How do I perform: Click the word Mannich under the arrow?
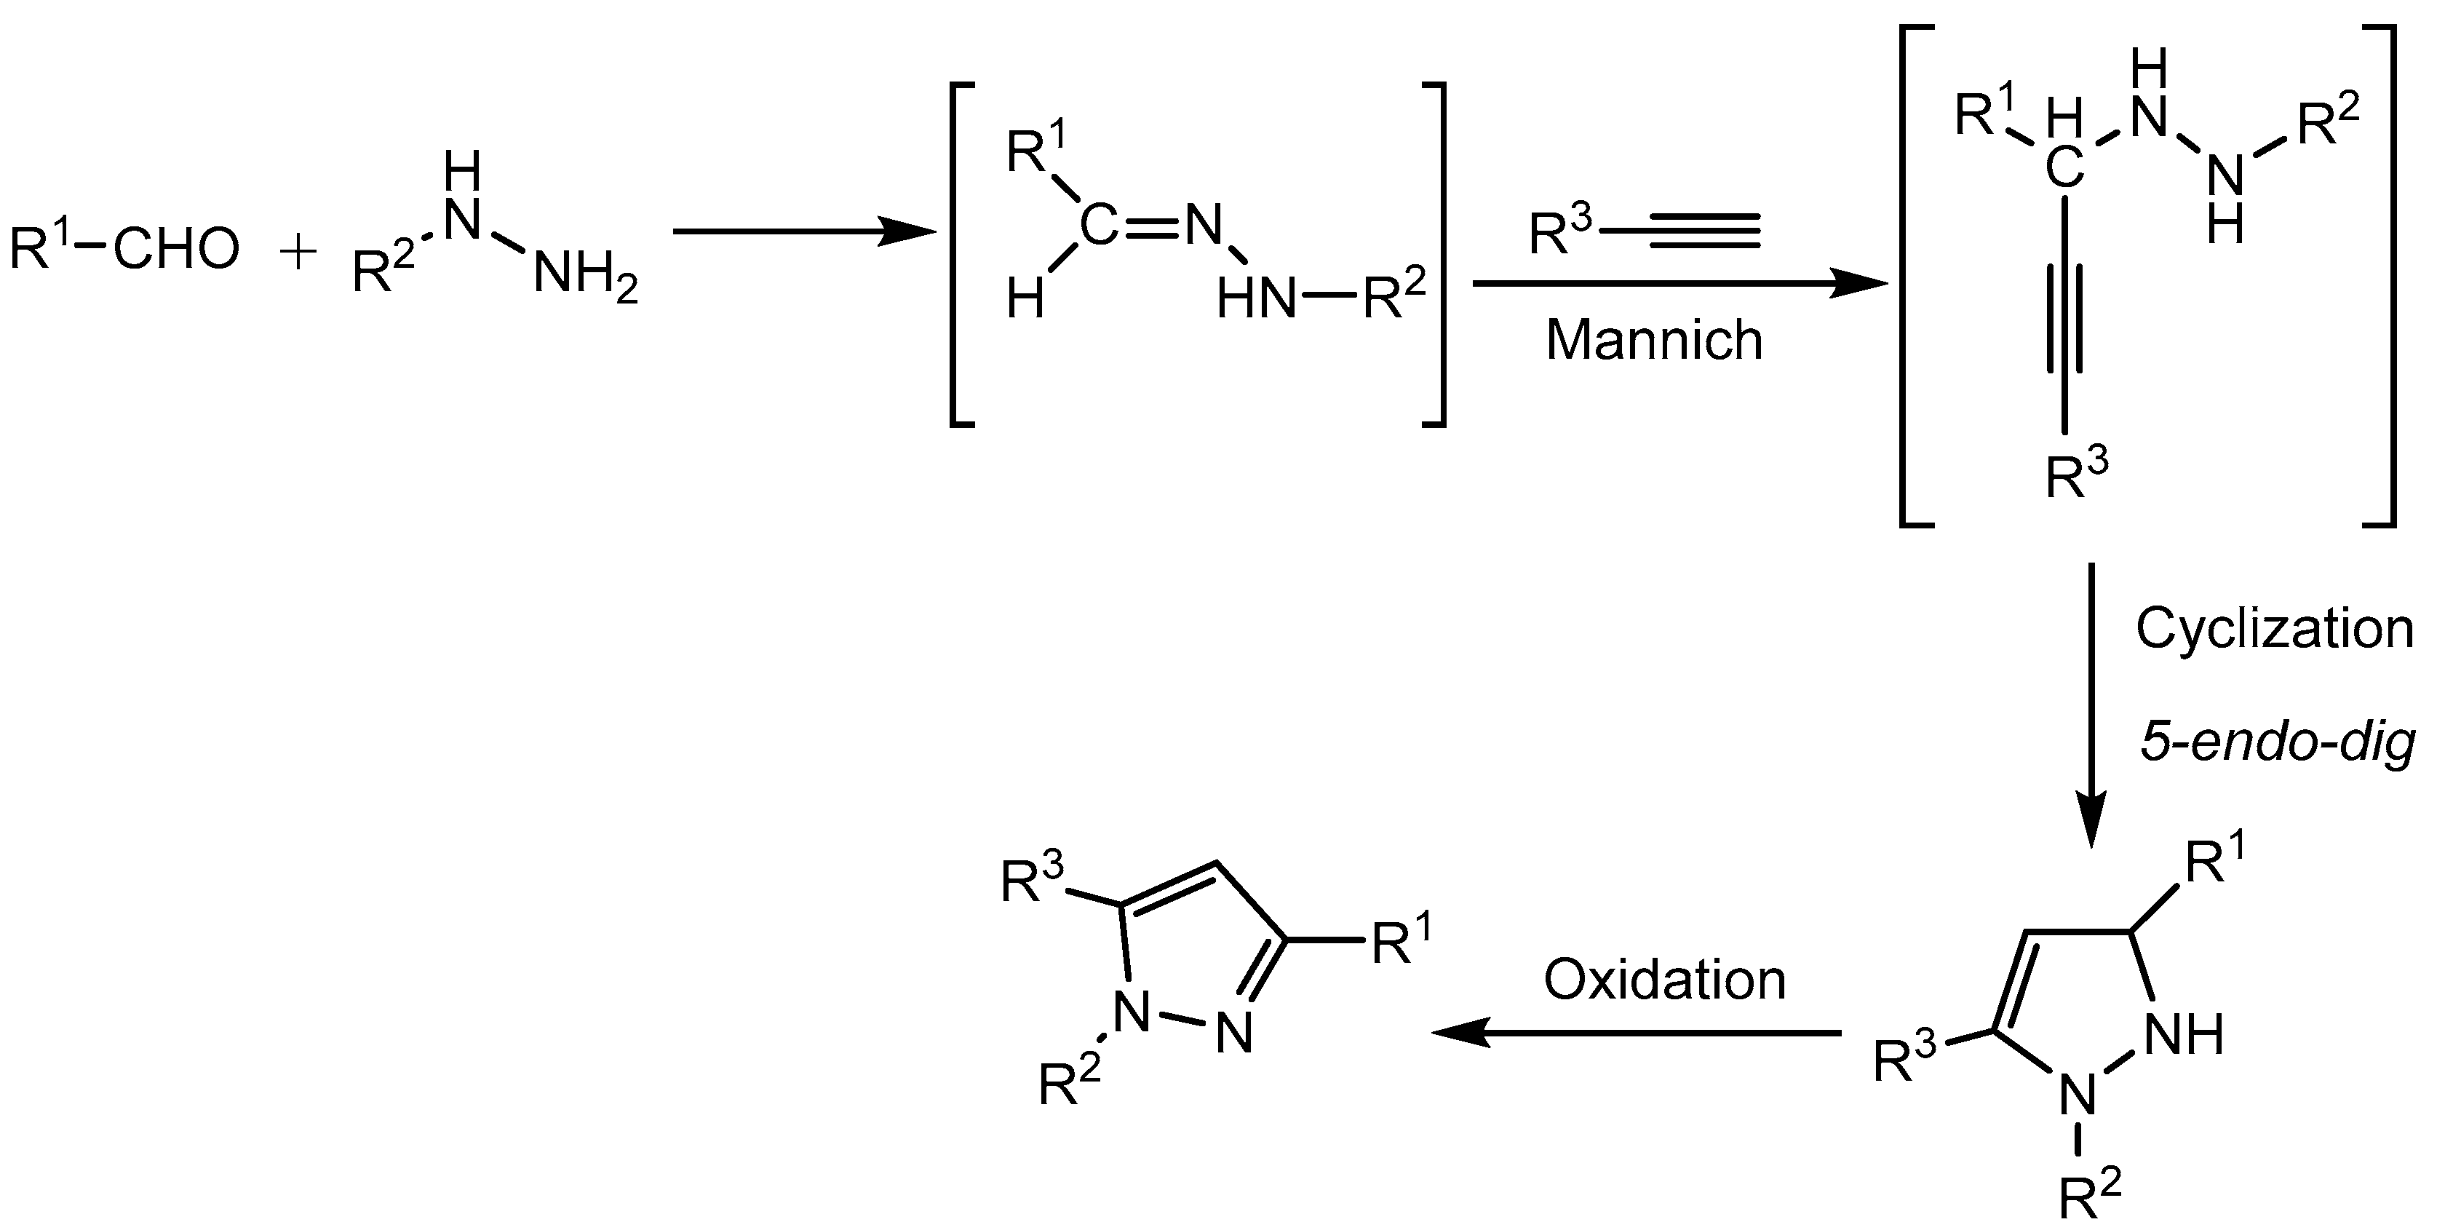point(1654,341)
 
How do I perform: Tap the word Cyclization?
point(2274,628)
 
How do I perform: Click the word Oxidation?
point(1665,980)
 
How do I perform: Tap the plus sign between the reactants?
point(298,253)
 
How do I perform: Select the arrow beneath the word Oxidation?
point(1637,1033)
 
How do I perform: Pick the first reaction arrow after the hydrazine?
point(804,230)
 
